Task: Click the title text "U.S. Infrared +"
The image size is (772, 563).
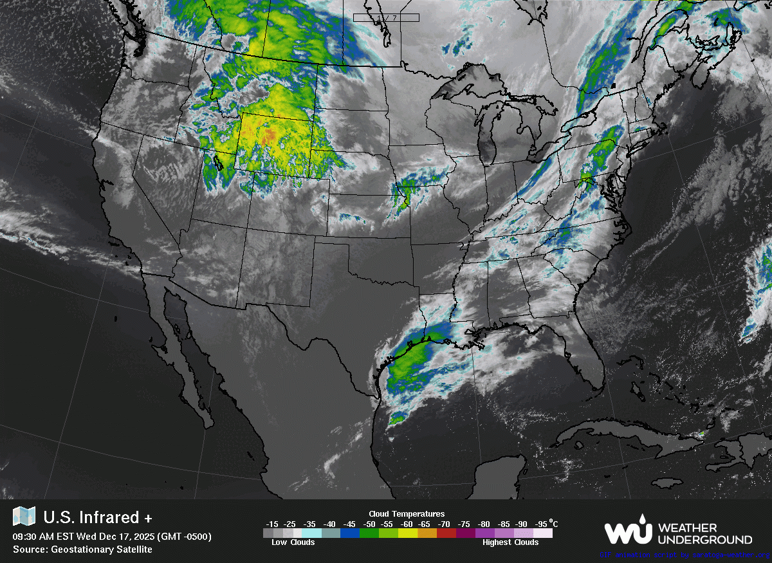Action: tap(91, 517)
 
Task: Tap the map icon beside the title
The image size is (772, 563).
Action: tap(24, 517)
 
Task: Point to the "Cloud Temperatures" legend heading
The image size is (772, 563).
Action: tap(407, 513)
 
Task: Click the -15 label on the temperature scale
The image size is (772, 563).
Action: tap(272, 524)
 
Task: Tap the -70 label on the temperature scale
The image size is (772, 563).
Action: tap(443, 524)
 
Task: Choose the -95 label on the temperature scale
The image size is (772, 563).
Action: tap(542, 524)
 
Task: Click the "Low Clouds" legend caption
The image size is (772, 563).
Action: tap(293, 542)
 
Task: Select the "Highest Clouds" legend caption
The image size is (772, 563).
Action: tap(511, 542)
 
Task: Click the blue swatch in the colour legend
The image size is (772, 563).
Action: tap(350, 533)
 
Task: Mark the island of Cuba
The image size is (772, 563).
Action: tap(618, 432)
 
